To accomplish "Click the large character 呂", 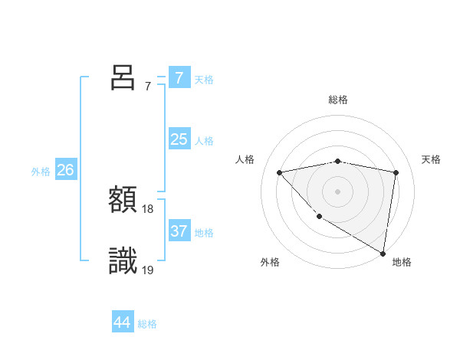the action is coord(123,77).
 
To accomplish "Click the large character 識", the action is coord(123,261).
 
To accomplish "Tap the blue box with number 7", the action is coord(179,78).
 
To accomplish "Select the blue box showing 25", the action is coord(179,139).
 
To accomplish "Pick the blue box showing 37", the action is coord(179,231).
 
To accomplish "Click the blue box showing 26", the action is coord(65,170).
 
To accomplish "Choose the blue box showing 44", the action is coord(122,322).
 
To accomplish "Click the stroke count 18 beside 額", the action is coord(148,209).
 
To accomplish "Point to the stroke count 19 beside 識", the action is coord(148,270).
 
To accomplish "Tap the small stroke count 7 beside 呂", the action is coord(148,87).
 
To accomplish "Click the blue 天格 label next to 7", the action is coord(204,79).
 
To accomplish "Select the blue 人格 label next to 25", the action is coord(204,141).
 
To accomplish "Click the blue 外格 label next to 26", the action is coord(41,172).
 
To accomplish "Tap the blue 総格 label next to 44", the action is coord(147,324).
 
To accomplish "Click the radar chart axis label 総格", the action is coord(338,100).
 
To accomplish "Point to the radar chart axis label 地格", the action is coord(402,262).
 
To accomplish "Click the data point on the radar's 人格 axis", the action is coord(279,172).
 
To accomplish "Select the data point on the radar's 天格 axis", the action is coord(396,172).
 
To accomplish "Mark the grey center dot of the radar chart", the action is coord(337,191).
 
